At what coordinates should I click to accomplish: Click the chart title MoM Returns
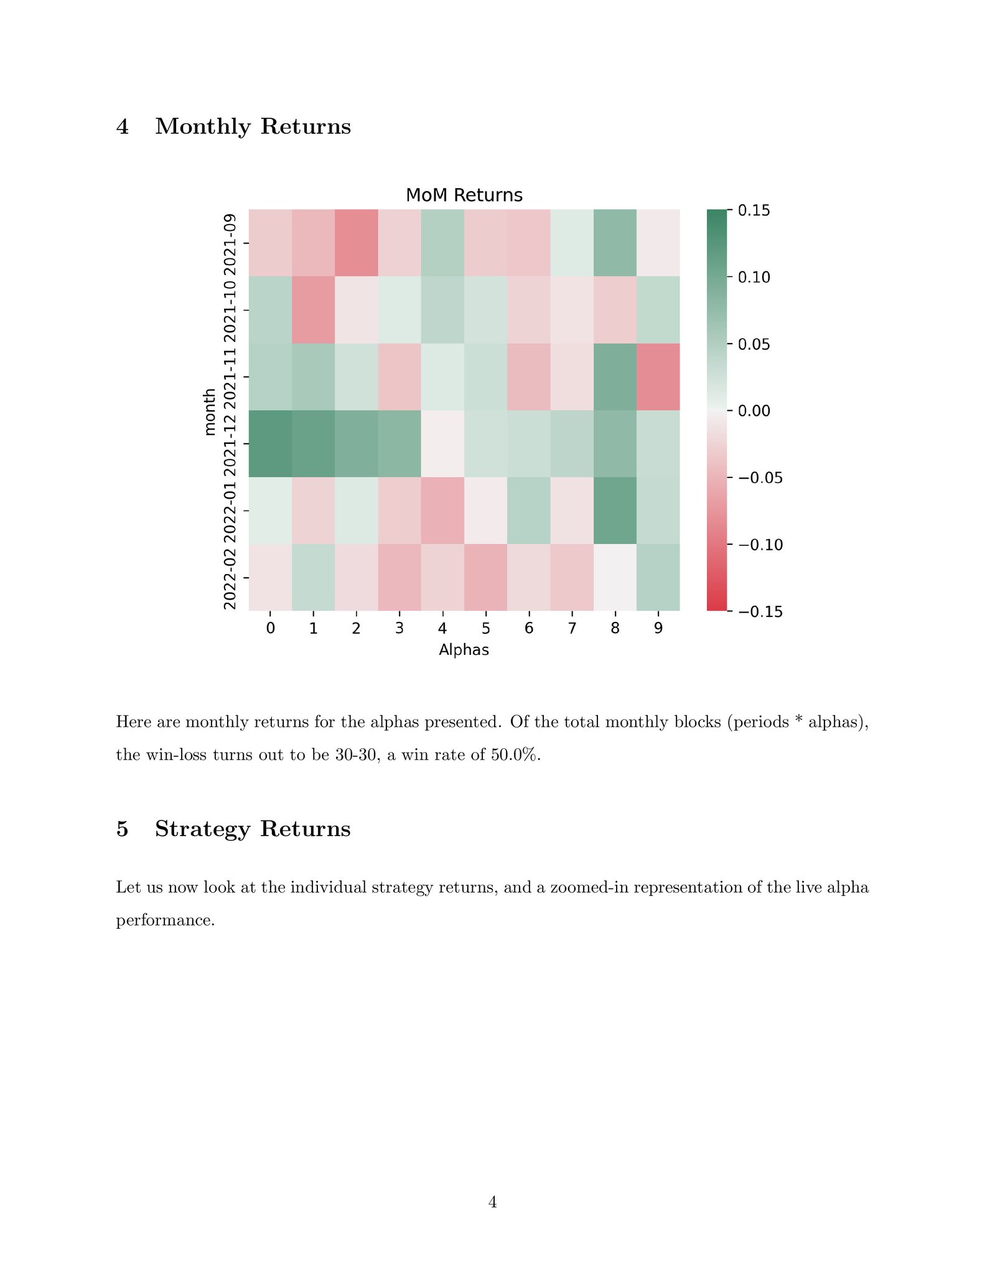464,195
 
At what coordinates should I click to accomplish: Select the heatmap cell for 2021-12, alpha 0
270,443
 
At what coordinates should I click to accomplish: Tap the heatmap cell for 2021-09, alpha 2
357,243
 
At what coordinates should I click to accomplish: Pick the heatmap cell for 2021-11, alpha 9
658,377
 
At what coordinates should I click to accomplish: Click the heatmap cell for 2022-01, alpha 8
615,510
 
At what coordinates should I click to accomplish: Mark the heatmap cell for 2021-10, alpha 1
314,309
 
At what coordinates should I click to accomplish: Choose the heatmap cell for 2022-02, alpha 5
486,577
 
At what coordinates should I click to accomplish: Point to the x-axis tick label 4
442,629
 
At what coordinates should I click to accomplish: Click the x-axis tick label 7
572,629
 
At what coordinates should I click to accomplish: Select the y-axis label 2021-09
230,243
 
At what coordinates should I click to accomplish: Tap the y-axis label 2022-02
230,577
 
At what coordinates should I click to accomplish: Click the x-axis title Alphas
464,651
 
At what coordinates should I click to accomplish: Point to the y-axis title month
210,411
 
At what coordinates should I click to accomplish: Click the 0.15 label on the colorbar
754,210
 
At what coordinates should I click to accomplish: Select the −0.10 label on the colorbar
760,545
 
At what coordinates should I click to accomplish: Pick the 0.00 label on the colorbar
754,411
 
